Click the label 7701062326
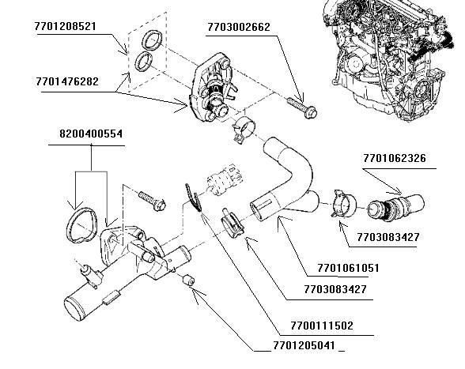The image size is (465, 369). click(x=395, y=159)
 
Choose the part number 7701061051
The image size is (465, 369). click(x=348, y=269)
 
